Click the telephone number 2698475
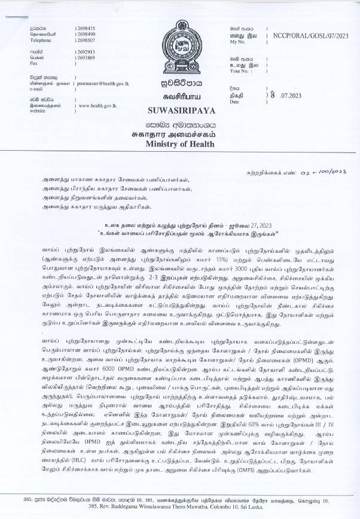[87, 28]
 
